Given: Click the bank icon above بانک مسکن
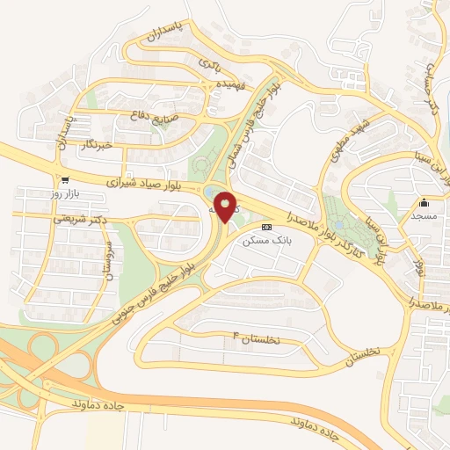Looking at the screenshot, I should point(267,226).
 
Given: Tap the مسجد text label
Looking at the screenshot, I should point(424,214).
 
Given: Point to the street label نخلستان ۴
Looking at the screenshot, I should point(255,338).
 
